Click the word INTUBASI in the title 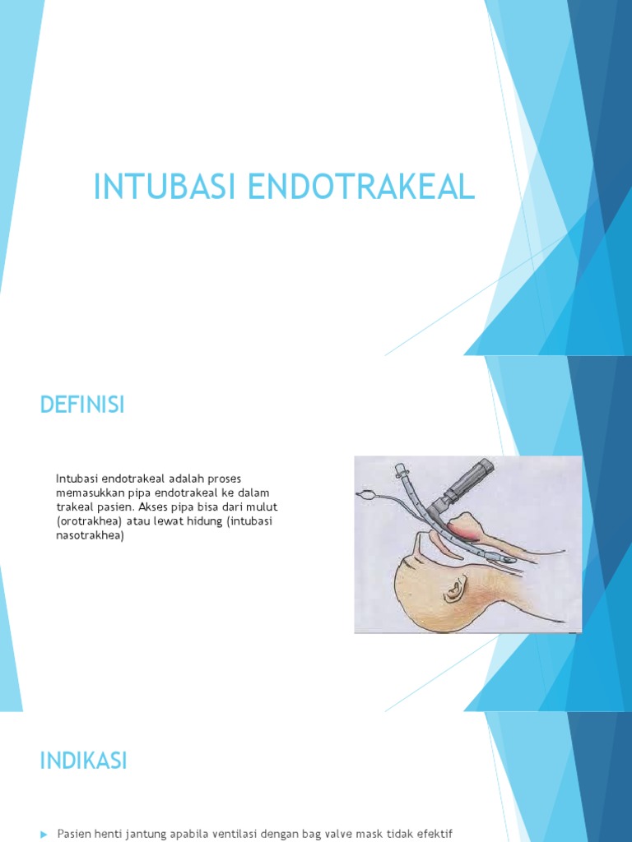[155, 187]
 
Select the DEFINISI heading [82, 405]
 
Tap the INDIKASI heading [83, 761]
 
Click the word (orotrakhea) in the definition [90, 522]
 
